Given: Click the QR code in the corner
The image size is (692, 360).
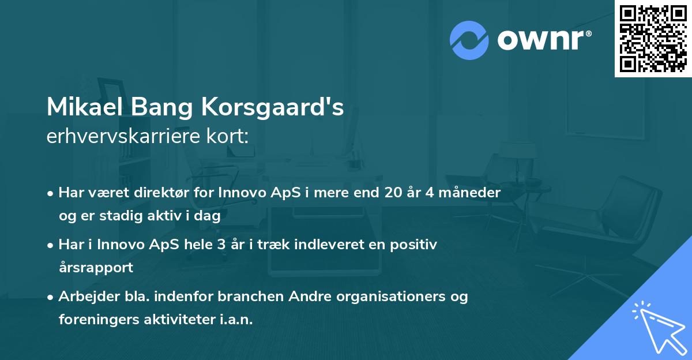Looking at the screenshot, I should [x=653, y=38].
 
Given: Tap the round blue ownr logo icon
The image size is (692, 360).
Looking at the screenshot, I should [x=469, y=40].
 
